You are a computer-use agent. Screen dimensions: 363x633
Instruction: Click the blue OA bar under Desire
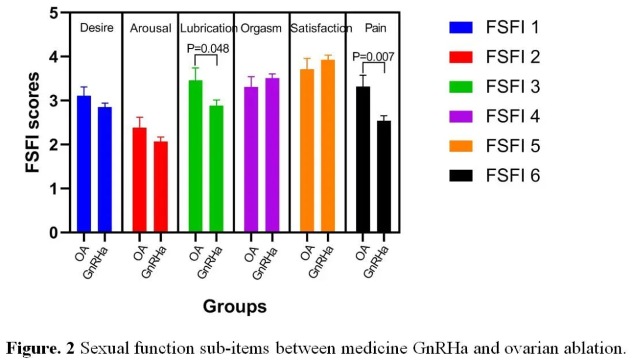[84, 164]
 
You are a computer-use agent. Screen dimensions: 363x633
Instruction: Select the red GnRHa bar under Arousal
[161, 187]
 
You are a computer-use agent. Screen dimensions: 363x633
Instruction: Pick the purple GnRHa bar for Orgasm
[272, 155]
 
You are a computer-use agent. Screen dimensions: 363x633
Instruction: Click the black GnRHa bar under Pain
[383, 177]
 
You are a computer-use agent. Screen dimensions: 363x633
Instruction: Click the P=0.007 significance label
[373, 57]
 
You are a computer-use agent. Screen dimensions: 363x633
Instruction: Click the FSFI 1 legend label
[512, 27]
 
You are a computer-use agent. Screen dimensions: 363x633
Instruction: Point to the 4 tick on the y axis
[61, 57]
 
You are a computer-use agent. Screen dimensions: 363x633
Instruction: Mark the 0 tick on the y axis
[61, 233]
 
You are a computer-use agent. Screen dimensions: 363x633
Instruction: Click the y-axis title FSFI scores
[33, 122]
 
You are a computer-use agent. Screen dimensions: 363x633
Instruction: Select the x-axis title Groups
[234, 306]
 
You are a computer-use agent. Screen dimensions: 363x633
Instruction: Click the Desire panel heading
[97, 28]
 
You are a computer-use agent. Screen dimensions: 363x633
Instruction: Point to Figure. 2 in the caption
[40, 348]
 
